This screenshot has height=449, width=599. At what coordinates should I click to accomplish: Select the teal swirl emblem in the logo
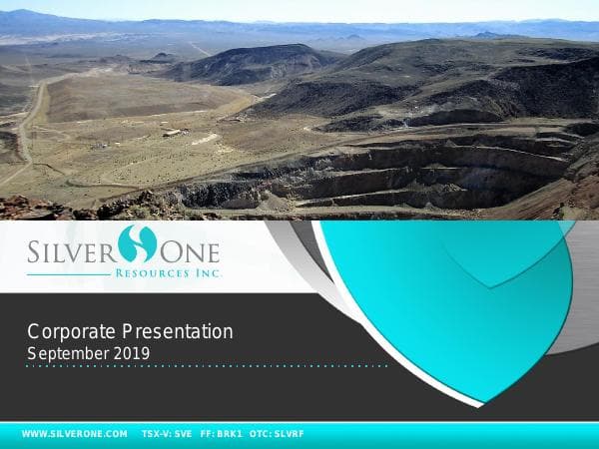(137, 244)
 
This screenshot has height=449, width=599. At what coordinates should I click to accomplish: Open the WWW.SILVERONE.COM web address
(75, 435)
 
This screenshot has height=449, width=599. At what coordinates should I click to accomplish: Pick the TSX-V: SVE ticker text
(167, 435)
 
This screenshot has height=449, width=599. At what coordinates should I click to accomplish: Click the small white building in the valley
(173, 133)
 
